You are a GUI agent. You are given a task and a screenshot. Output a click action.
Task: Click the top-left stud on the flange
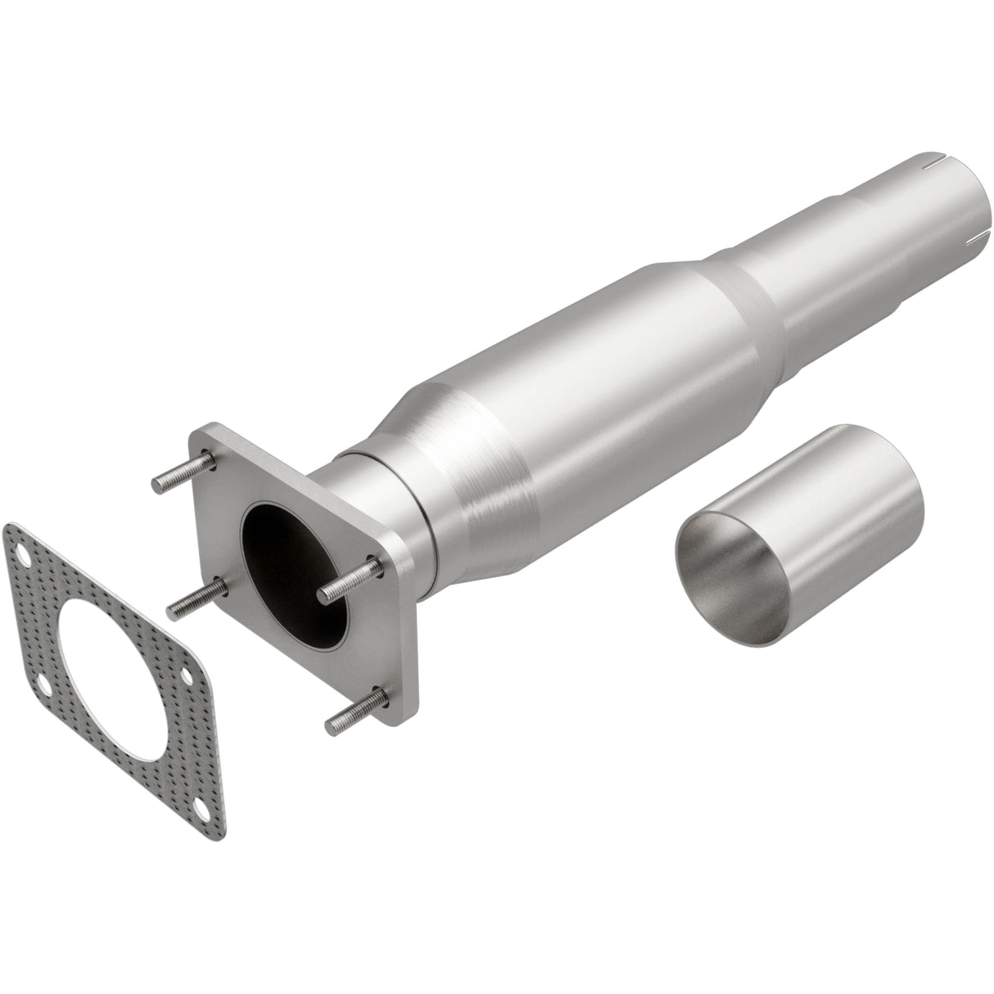[181, 477]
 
